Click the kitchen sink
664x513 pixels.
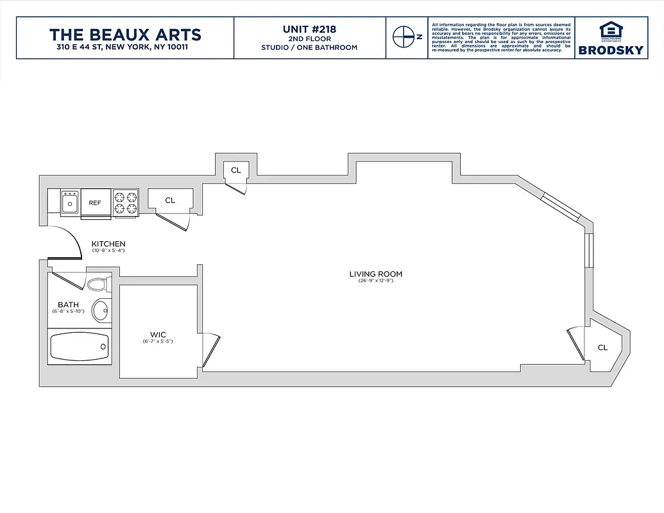click(x=69, y=203)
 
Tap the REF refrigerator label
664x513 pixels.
click(x=95, y=203)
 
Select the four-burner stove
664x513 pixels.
click(x=126, y=202)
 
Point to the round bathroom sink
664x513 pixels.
click(x=101, y=311)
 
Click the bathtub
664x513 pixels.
click(x=79, y=347)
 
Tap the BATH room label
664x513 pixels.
click(x=68, y=305)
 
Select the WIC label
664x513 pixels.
click(x=158, y=335)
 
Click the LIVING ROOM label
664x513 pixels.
click(x=375, y=274)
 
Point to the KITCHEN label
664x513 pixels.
click(x=108, y=244)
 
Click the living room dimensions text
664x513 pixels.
click(x=375, y=282)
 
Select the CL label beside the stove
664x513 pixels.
click(x=169, y=201)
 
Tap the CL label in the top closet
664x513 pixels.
click(x=235, y=170)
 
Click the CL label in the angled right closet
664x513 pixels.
click(x=602, y=348)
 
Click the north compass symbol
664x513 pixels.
click(x=403, y=37)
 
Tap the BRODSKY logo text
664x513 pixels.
click(x=610, y=50)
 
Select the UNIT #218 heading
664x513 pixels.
click(x=309, y=29)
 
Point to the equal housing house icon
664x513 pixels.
click(x=610, y=29)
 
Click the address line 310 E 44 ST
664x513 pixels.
click(x=125, y=47)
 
